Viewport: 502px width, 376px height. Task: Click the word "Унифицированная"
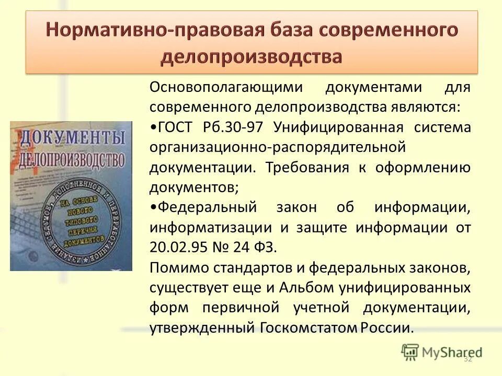click(338, 127)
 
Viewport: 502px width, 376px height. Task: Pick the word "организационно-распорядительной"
click(278, 147)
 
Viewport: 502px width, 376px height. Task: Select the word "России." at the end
click(387, 328)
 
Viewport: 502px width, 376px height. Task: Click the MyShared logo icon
click(410, 353)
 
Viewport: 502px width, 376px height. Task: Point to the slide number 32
click(468, 359)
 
